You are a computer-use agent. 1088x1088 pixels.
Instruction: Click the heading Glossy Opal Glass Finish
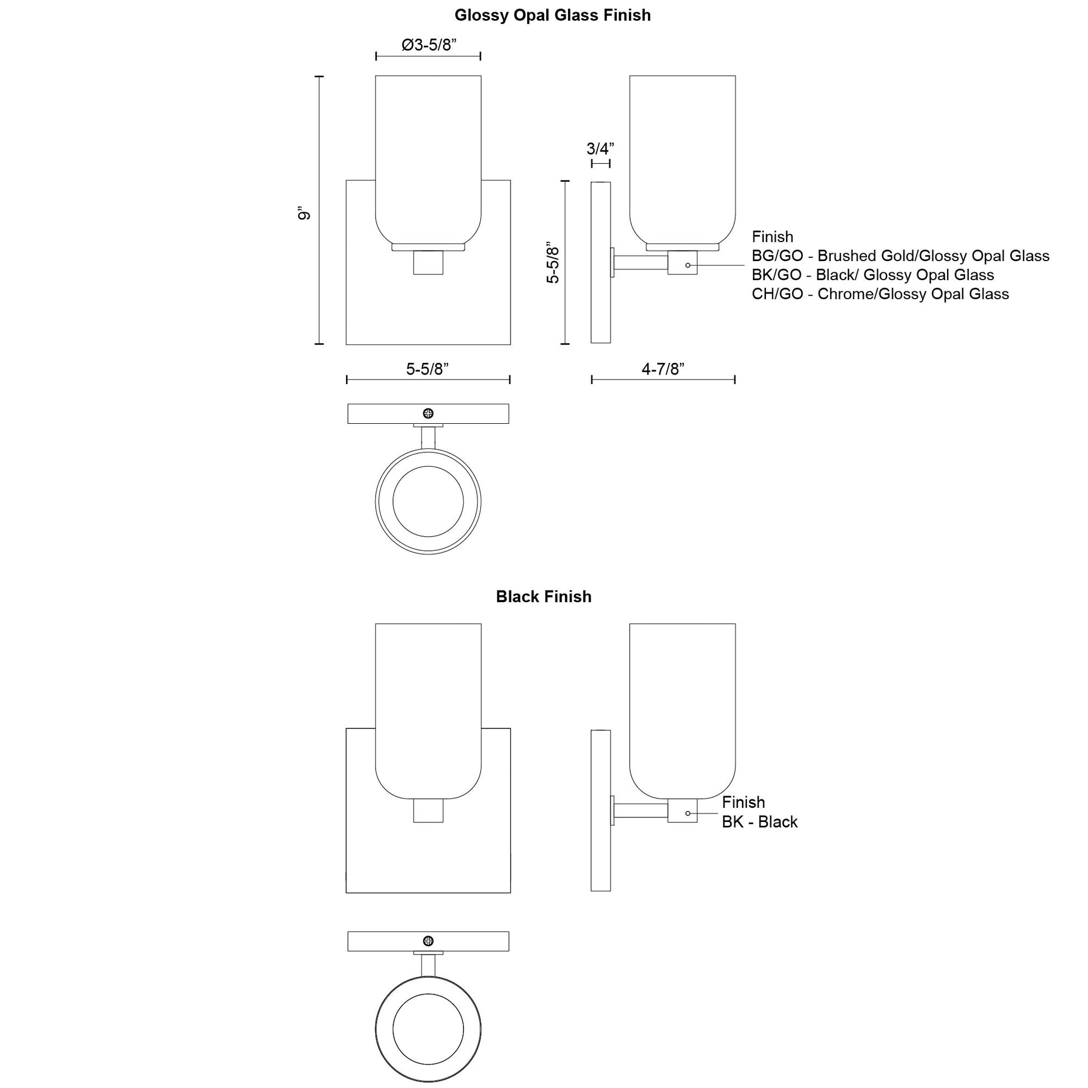(552, 15)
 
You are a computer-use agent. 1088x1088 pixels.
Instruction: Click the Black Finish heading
(543, 597)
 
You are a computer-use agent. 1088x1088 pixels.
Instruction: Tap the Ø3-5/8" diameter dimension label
(429, 45)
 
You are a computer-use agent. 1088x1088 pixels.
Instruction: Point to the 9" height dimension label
(305, 214)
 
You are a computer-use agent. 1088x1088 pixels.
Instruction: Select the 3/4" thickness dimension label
(600, 149)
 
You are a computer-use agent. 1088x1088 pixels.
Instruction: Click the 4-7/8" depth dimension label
(663, 369)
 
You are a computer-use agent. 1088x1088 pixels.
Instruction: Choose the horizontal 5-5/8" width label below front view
(427, 369)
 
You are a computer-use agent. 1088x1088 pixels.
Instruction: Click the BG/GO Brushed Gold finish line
(900, 256)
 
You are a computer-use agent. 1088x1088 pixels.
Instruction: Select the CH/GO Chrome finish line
(879, 294)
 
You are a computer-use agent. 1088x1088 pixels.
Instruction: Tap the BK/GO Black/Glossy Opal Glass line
(872, 275)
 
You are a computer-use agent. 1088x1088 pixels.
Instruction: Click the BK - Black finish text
(759, 822)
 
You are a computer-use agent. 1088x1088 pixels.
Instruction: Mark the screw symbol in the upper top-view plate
(428, 413)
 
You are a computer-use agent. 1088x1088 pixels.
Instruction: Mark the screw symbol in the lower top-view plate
(428, 941)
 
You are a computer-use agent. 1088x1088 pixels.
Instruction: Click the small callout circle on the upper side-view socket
(688, 264)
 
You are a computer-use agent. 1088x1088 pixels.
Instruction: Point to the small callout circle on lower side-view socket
(688, 813)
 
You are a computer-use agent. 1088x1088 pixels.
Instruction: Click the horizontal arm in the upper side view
(640, 263)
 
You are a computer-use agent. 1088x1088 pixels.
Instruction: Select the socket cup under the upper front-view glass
(428, 262)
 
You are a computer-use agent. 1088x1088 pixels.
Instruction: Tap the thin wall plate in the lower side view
(600, 810)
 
